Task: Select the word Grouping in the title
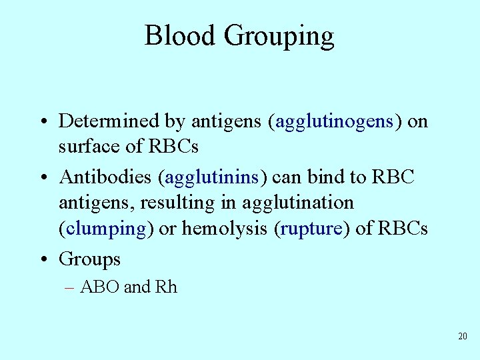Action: pyautogui.click(x=279, y=37)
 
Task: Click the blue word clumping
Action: pyautogui.click(x=106, y=229)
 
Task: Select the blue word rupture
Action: pyautogui.click(x=311, y=229)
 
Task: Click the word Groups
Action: pyautogui.click(x=89, y=259)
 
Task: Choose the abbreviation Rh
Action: pyautogui.click(x=166, y=287)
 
